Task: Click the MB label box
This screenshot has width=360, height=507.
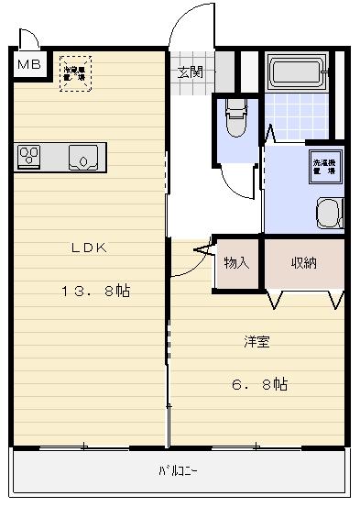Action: (x=29, y=65)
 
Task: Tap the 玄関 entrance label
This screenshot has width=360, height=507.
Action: (x=190, y=72)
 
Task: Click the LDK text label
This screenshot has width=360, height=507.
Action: (x=90, y=247)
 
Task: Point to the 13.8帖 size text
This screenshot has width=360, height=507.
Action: (x=95, y=291)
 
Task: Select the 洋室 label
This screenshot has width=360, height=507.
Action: (x=256, y=342)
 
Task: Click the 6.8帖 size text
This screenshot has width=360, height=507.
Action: (x=258, y=384)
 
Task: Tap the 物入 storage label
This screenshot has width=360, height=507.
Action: (x=236, y=263)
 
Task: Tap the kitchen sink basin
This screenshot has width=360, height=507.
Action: (x=85, y=157)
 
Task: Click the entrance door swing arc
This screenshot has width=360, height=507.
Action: (x=190, y=24)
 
